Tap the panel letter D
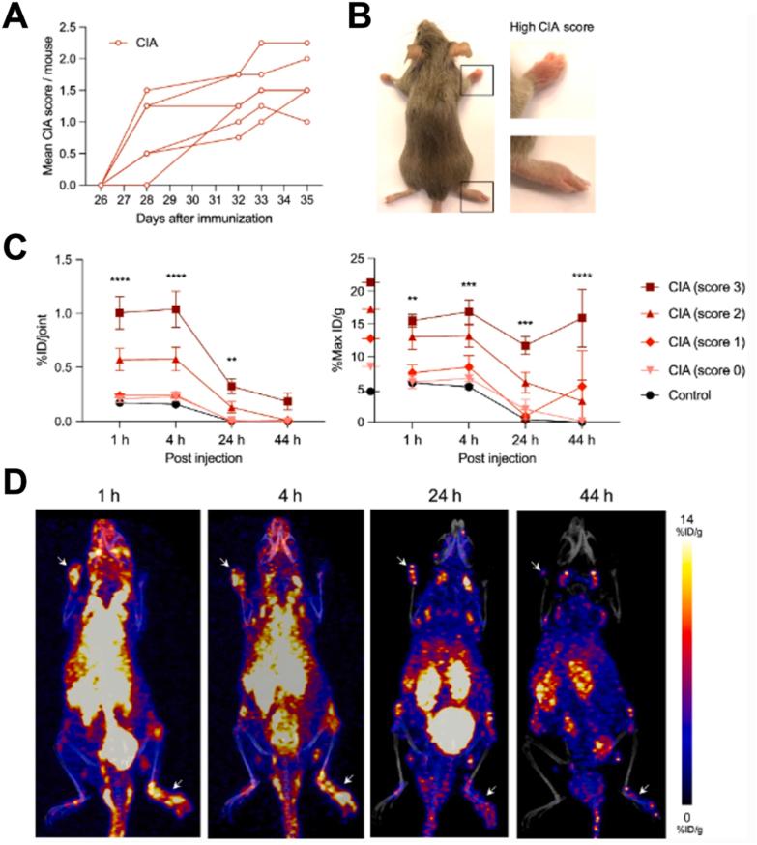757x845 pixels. pos(16,481)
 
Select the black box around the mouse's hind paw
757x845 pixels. pos(479,195)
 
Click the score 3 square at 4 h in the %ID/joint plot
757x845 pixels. pos(175,309)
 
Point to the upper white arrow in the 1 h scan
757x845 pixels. pos(61,561)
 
